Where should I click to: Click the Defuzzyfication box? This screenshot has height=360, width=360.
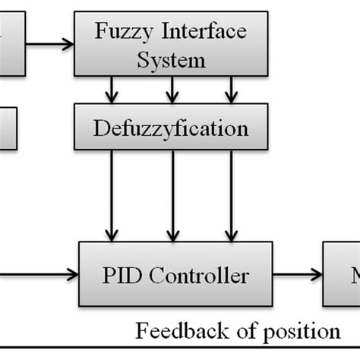tap(171, 128)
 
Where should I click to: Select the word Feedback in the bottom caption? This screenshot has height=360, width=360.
tap(175, 331)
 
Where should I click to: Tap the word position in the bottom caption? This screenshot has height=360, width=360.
tap(299, 331)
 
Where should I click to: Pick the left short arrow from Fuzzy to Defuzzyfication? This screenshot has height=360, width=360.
tap(113, 91)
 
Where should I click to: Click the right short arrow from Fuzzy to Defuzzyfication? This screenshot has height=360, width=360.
tap(229, 91)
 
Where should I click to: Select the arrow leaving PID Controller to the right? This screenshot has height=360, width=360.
tap(295, 273)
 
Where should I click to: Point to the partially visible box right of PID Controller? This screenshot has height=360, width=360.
tap(342, 273)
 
